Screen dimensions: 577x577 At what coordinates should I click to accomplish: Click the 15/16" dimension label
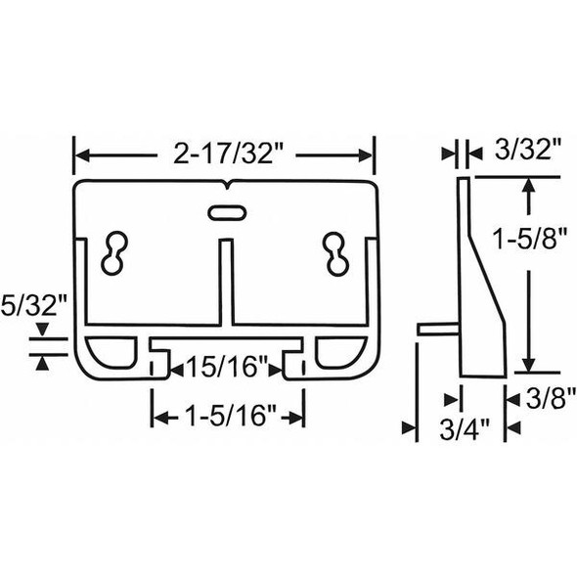click(227, 369)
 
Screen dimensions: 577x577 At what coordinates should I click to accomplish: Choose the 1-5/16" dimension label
click(226, 417)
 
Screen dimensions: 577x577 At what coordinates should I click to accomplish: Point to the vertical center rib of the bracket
click(226, 284)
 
